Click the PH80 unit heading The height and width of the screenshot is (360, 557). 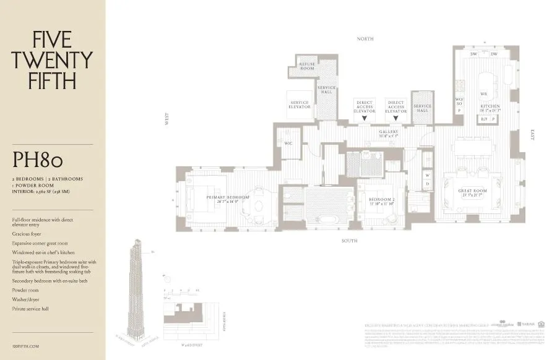38,160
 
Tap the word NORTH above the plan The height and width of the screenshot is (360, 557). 365,39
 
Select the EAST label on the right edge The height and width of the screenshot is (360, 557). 532,134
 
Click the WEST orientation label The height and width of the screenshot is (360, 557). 166,119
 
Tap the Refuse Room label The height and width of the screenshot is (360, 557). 308,66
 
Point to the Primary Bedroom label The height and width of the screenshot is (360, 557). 228,199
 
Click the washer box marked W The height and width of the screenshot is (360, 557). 427,175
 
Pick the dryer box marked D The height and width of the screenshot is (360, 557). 427,184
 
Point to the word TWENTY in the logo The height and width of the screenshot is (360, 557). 53,60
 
